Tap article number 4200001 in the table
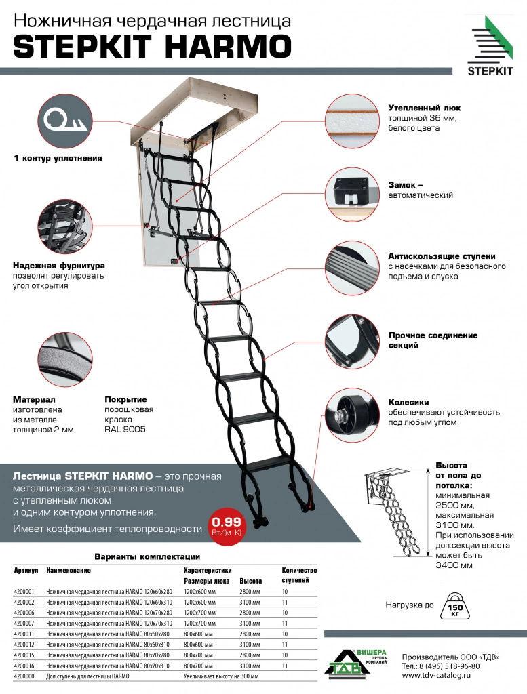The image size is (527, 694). (x=24, y=591)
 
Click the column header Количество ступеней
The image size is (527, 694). (x=298, y=575)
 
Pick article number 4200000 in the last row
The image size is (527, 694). (x=24, y=676)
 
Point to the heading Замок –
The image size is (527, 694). (x=406, y=184)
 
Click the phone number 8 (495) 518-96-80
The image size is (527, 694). (x=452, y=666)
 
